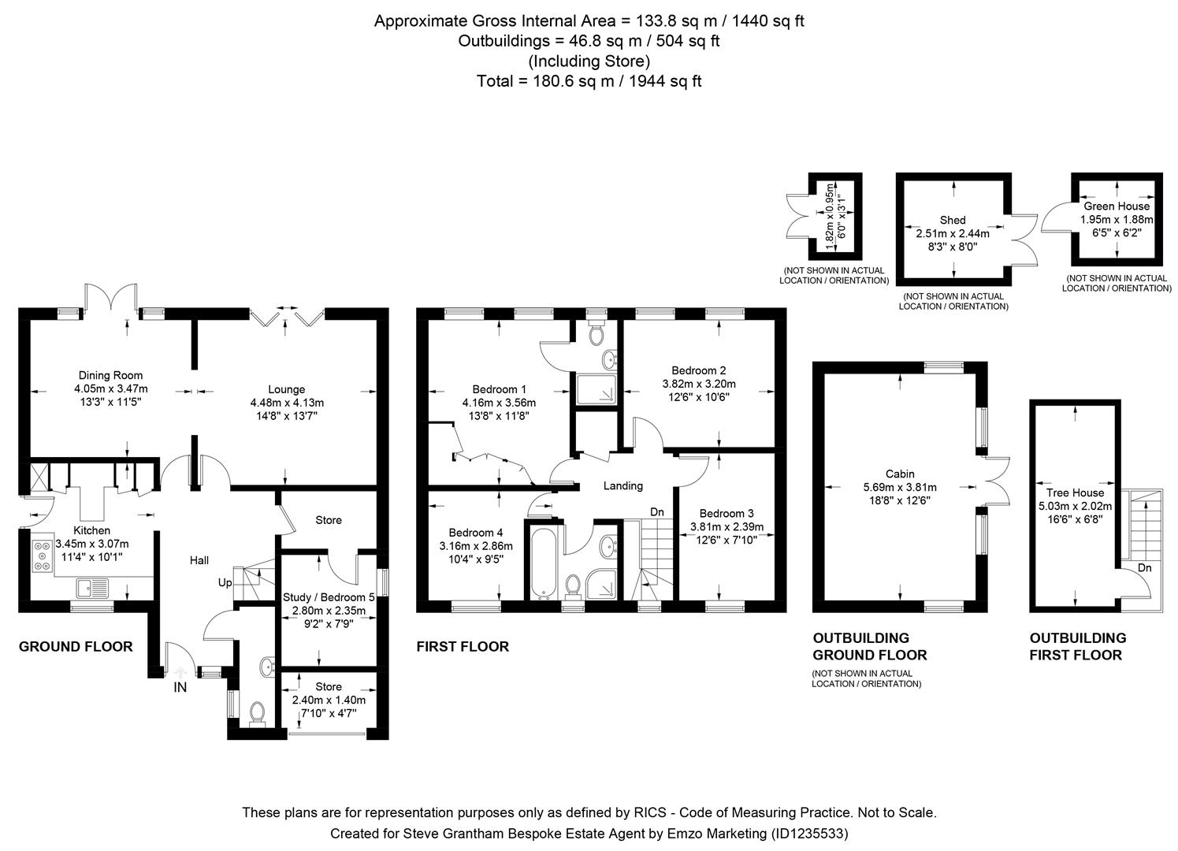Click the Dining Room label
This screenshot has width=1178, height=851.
click(x=110, y=375)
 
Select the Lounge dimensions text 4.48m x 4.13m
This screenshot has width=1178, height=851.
click(x=286, y=403)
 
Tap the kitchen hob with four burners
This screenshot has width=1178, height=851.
click(x=40, y=555)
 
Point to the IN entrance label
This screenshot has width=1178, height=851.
click(x=180, y=687)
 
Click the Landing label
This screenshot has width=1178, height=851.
click(x=623, y=486)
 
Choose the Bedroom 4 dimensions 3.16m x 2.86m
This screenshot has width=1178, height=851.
click(x=475, y=546)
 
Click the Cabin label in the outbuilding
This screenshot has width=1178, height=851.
click(x=900, y=474)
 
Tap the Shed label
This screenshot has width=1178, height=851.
click(x=952, y=220)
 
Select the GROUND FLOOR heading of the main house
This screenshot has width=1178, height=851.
click(x=76, y=647)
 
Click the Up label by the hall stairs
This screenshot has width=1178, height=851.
click(x=225, y=582)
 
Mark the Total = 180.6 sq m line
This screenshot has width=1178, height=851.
click(x=589, y=80)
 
